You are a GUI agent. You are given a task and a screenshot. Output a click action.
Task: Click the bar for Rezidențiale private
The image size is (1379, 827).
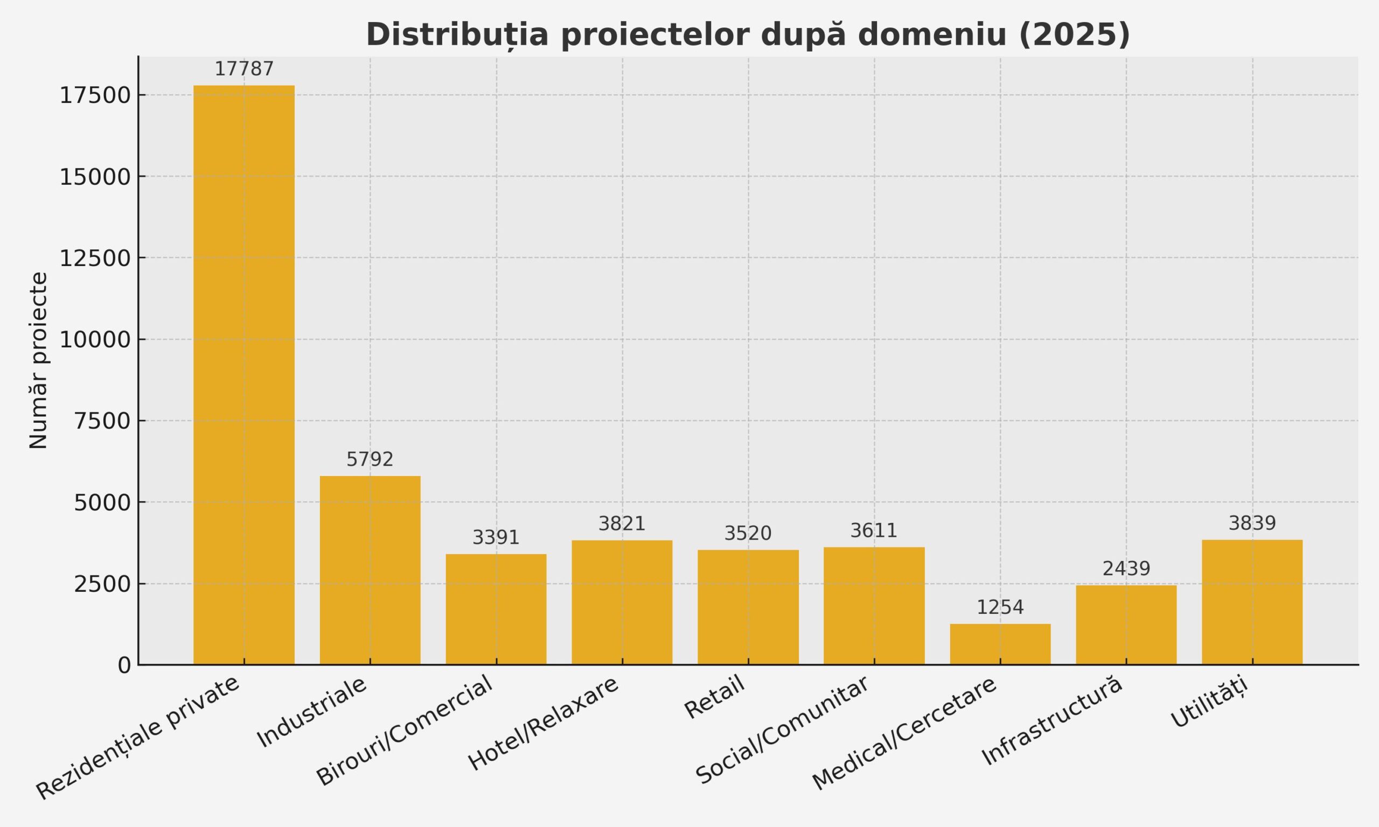(x=243, y=375)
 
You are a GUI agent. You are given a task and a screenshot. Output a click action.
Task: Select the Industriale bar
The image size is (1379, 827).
(x=370, y=570)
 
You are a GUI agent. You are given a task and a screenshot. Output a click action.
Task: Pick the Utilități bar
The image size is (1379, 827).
(x=1252, y=602)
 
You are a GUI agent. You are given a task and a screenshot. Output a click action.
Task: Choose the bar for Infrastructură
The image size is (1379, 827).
(x=1126, y=625)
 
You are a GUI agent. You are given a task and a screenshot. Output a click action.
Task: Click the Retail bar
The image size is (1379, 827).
(x=748, y=607)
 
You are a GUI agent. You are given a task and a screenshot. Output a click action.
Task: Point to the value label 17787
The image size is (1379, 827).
(x=244, y=69)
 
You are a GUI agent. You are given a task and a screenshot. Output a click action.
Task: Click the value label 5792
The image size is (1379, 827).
(x=370, y=460)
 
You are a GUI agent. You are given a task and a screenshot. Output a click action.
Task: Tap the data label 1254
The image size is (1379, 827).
(x=1000, y=607)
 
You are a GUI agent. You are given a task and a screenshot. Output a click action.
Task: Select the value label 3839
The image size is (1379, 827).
(x=1252, y=523)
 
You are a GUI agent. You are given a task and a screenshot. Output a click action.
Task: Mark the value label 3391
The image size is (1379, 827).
(x=496, y=538)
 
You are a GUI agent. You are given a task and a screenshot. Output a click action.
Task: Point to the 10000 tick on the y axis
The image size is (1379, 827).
(x=95, y=340)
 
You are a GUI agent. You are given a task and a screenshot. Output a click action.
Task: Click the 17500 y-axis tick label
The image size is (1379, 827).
(x=95, y=96)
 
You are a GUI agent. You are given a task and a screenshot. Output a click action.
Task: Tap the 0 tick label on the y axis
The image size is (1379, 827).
(x=124, y=665)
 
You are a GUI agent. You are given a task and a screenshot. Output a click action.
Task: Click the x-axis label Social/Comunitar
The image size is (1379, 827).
(x=782, y=730)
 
